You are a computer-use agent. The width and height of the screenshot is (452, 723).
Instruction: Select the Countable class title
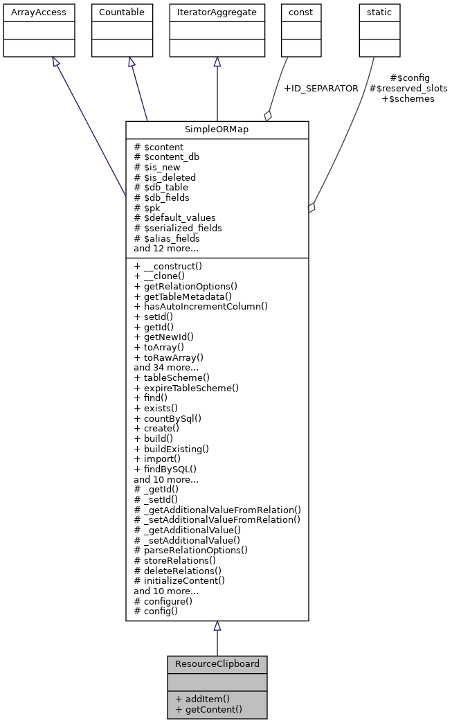123,12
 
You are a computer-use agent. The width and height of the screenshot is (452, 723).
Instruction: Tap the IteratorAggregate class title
217,12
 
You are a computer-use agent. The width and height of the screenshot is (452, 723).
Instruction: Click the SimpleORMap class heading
217,130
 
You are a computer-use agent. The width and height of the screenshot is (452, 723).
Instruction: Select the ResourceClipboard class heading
217,663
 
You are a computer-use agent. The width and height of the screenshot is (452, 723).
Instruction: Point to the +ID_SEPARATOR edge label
321,89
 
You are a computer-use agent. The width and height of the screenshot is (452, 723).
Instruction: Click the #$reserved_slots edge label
408,89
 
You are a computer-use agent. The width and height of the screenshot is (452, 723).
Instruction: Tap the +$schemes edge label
408,99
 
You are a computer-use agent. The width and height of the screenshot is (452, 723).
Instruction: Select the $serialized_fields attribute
178,228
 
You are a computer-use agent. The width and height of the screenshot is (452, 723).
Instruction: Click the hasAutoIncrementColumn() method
201,306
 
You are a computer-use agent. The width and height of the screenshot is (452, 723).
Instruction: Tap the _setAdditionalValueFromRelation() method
217,519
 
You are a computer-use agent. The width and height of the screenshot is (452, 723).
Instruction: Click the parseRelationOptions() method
191,550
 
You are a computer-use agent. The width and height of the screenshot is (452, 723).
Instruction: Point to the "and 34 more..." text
166,367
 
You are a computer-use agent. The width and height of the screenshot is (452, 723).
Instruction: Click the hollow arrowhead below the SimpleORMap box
217,626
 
